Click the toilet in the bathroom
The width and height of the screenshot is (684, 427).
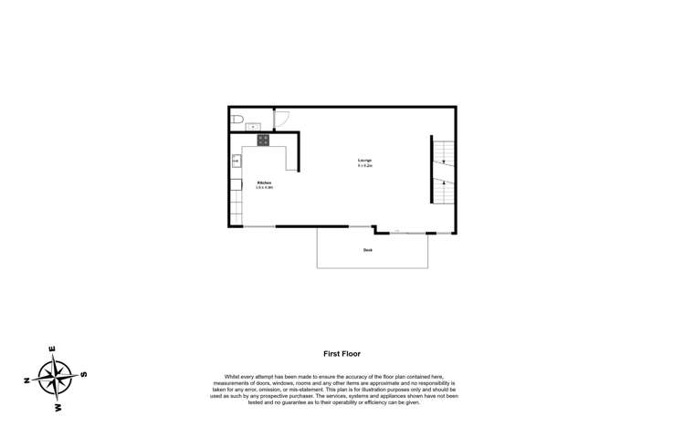pos(236,120)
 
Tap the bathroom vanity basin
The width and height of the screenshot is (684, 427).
pos(253,126)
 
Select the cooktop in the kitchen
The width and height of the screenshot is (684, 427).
pos(263,140)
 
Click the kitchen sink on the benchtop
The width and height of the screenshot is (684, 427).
pos(236,161)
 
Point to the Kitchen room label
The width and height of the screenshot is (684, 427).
pos(264,182)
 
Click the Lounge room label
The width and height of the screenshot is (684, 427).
pos(364,161)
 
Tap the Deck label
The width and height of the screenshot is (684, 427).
pos(368,249)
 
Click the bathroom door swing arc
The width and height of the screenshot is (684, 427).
pos(282,120)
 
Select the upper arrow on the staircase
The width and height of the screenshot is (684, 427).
pos(443,161)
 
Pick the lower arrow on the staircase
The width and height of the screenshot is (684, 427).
pos(443,183)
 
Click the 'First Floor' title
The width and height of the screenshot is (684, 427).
pos(342,353)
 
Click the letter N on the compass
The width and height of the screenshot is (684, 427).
pos(27,380)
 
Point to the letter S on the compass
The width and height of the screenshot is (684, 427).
pos(84,373)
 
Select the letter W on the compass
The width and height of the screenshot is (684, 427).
pos(58,407)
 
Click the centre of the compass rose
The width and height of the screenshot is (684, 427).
pos(56,377)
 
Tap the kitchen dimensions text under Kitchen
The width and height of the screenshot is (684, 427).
pos(264,187)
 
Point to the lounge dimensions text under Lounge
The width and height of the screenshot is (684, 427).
pos(364,166)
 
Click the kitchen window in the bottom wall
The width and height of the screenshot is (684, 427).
pos(259,226)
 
